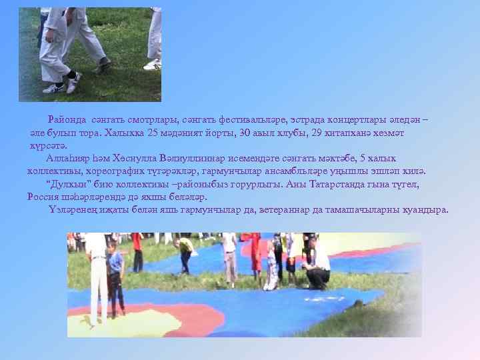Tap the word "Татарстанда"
(346, 184)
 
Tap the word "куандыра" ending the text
(427, 210)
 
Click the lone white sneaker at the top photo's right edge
(152, 65)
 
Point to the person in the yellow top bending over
(185, 248)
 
